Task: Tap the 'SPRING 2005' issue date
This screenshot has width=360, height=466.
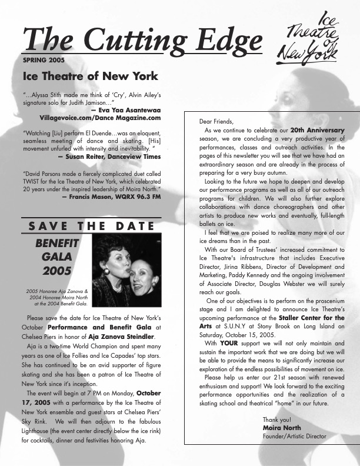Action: tap(44, 60)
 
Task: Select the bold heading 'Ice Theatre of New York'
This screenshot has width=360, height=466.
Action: tap(90, 76)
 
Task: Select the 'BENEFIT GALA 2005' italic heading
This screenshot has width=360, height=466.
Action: tap(57, 257)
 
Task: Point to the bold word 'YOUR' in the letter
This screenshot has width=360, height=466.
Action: tap(229, 343)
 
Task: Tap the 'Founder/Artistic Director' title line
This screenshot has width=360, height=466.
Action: tap(294, 436)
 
